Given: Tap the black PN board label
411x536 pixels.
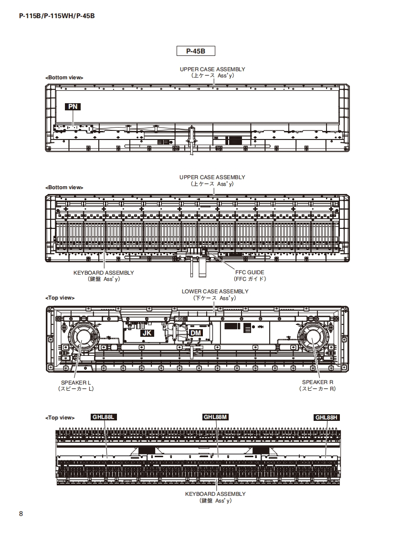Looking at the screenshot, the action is (73, 107).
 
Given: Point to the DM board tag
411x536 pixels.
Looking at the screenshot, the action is (196, 332).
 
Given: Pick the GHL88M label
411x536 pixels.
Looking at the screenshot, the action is (216, 417).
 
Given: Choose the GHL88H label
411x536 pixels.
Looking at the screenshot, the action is (327, 417).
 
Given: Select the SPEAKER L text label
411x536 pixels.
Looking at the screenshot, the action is (76, 382).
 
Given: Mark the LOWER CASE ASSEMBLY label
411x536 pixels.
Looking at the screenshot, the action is (215, 291).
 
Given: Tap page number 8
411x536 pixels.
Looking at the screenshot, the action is (21, 514).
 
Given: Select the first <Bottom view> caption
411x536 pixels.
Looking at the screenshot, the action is (64, 77).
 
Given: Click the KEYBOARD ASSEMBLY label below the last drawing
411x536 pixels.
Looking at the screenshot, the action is (215, 493).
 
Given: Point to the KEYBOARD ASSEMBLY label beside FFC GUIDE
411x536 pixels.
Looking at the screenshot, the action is (104, 272).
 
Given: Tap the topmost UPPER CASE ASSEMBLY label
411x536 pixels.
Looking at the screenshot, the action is (212, 69).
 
